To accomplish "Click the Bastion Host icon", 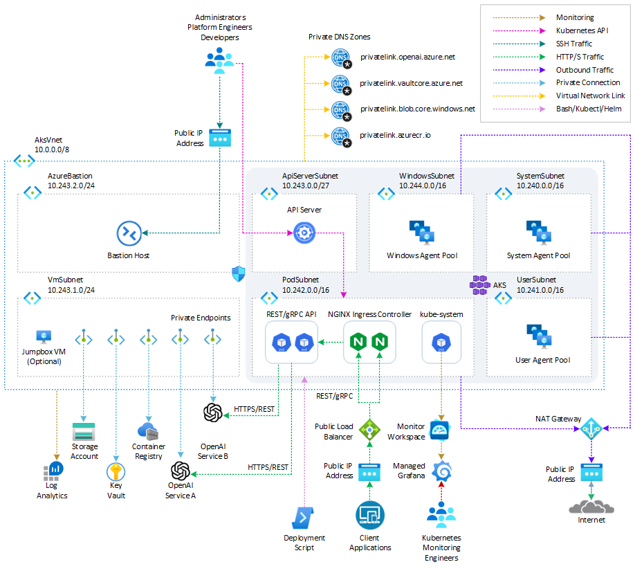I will point(129,233).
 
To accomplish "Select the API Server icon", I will point(304,233).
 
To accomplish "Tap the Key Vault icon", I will point(116,473).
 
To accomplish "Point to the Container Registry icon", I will point(149,432).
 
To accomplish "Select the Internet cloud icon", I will point(591,506).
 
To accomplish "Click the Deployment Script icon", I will point(304,516).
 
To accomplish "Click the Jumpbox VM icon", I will point(44,337).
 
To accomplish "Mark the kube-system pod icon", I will point(441,342).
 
